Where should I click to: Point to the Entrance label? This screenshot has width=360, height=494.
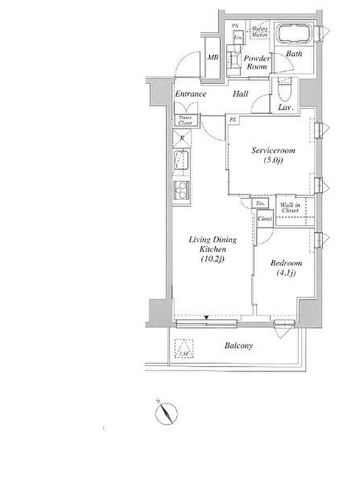click(x=190, y=94)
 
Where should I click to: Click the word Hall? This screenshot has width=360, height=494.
click(x=240, y=94)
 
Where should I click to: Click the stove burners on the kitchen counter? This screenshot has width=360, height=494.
click(x=182, y=191)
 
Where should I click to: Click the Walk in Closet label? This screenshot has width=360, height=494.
click(x=290, y=208)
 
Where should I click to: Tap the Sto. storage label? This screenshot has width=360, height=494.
click(x=260, y=204)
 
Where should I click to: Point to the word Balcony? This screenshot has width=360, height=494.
click(x=239, y=346)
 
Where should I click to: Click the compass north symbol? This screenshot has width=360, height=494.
click(x=165, y=413)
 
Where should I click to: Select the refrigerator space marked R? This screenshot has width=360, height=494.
click(x=182, y=137)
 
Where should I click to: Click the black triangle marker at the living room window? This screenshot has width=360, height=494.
click(x=206, y=318)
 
